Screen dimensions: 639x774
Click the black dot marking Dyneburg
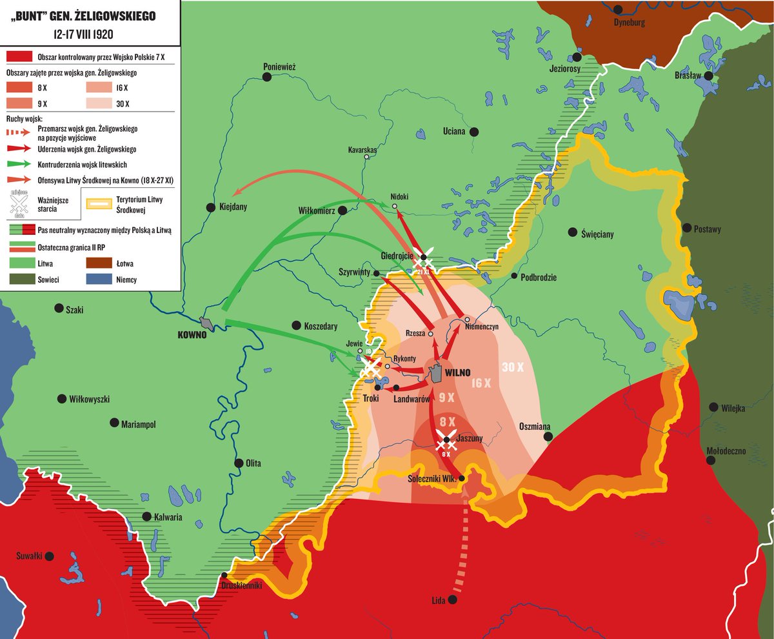click(x=619, y=10)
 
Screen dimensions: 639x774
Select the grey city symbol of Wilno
click(x=437, y=372)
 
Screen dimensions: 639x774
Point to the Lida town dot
click(x=452, y=600)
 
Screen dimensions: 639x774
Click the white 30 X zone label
click(x=513, y=367)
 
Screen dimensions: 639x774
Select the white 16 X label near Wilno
click(x=481, y=383)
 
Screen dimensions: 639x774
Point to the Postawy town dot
click(x=687, y=228)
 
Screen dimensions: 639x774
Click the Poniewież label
click(x=279, y=66)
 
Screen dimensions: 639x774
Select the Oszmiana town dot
click(x=548, y=437)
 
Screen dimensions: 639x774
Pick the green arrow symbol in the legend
click(x=21, y=165)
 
